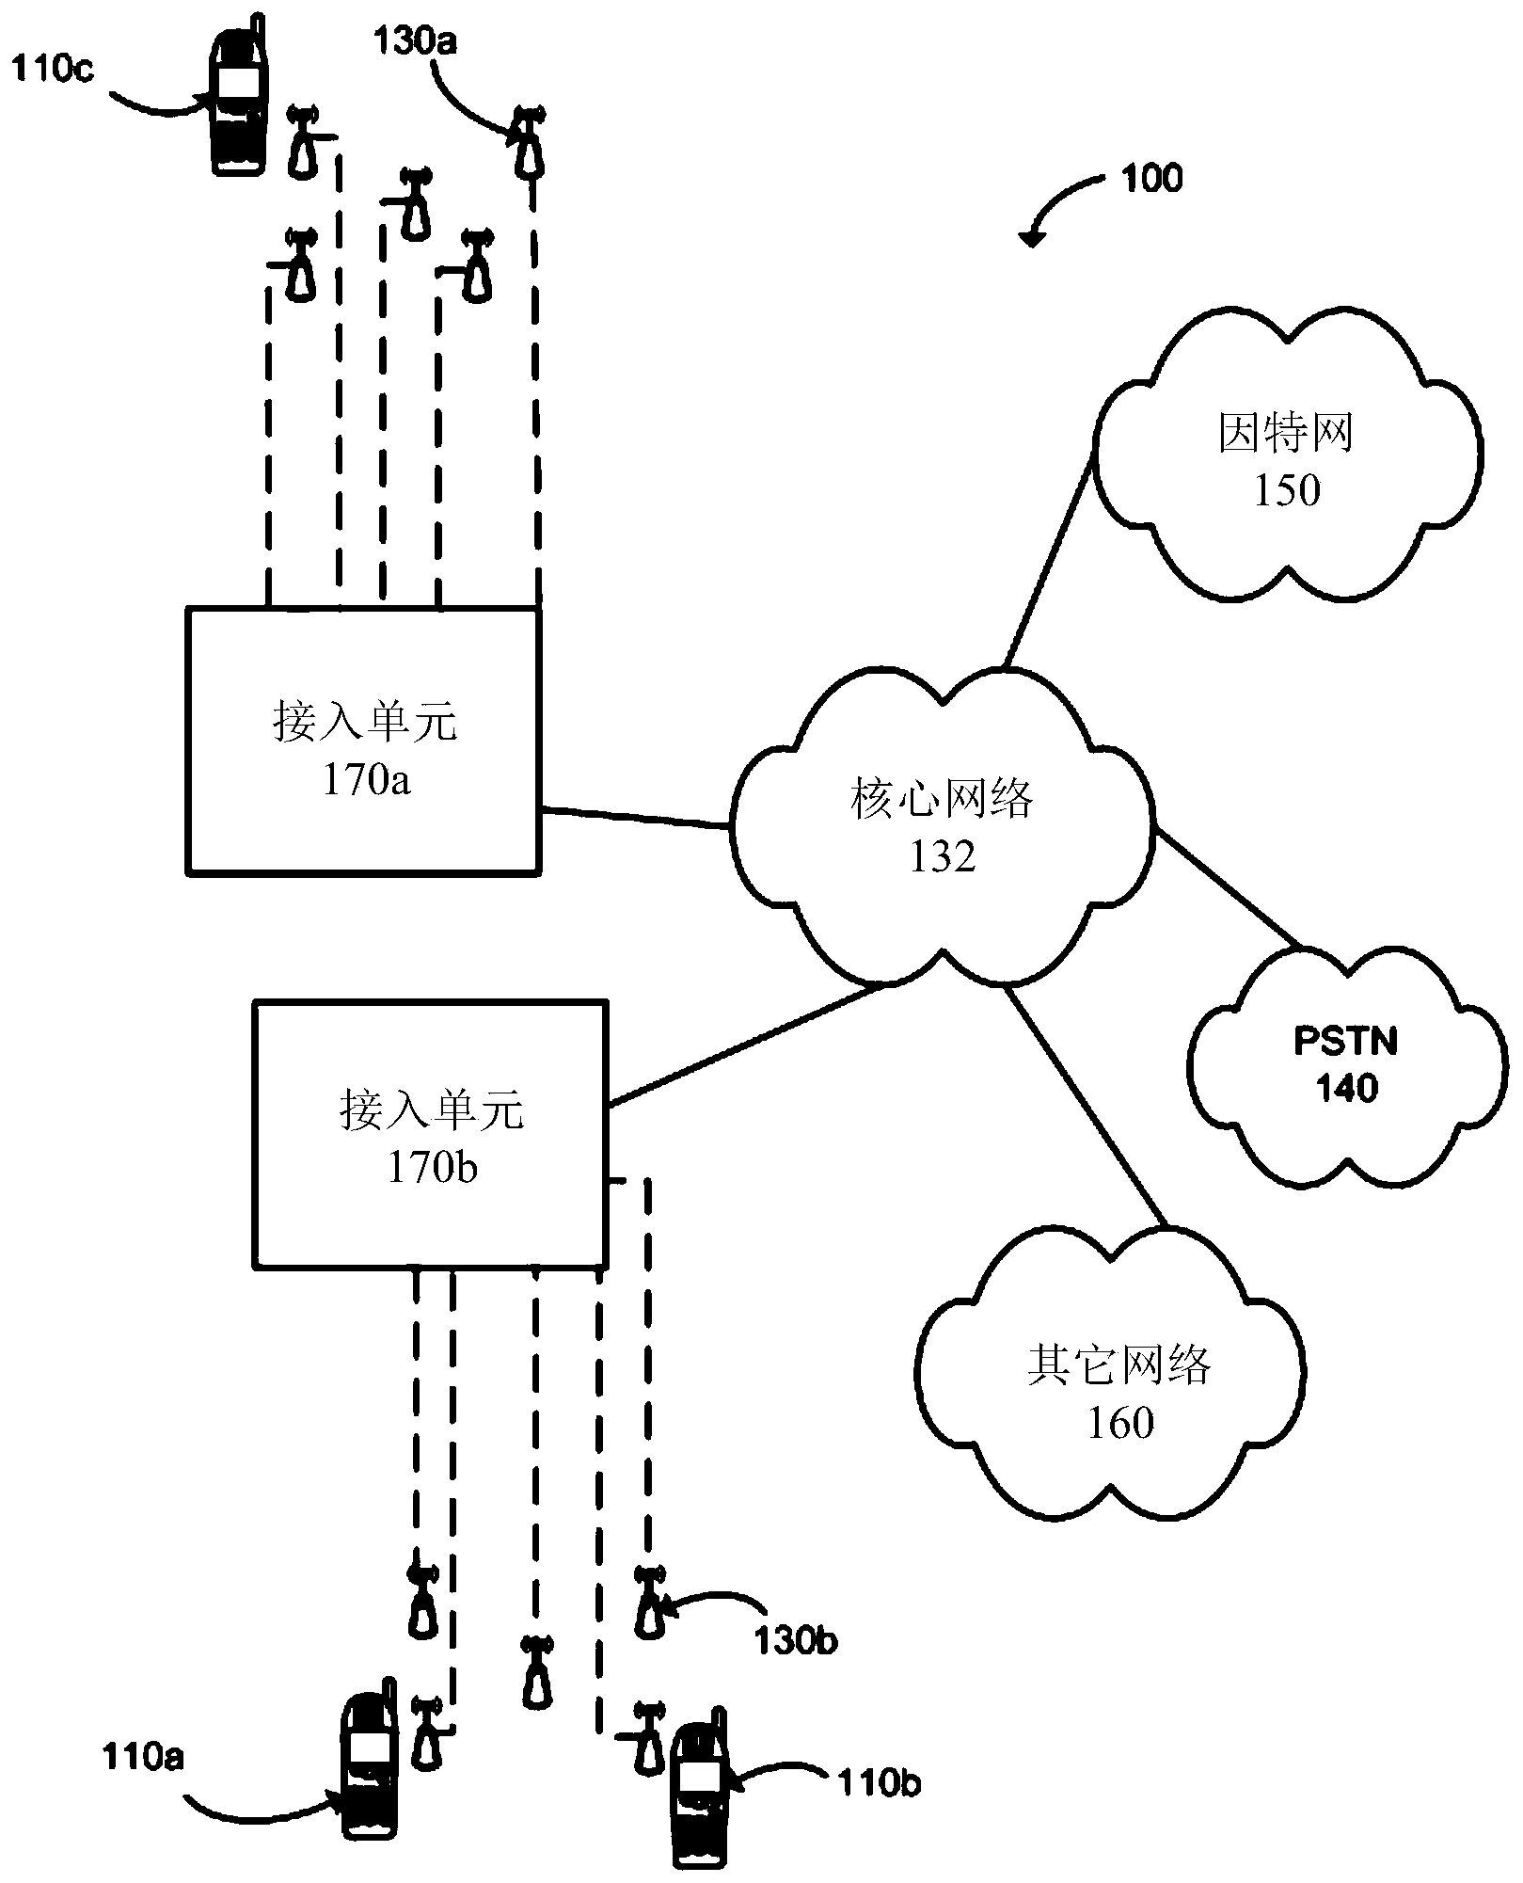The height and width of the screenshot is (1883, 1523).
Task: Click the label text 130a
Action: click(x=416, y=41)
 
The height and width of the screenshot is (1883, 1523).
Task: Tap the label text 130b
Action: click(x=796, y=1641)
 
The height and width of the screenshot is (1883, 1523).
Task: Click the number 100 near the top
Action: click(x=1152, y=178)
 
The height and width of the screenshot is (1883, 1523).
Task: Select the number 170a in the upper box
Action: click(x=367, y=781)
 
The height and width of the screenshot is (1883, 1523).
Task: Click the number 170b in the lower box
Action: click(x=433, y=1168)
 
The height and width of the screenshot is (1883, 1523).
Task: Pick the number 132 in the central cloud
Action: click(x=942, y=856)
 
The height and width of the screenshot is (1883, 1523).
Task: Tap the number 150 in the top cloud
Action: click(x=1286, y=490)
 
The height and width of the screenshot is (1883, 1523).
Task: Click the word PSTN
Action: click(x=1346, y=1042)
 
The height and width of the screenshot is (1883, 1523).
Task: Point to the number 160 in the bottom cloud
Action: click(x=1120, y=1423)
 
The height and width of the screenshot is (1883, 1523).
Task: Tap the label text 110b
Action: click(x=879, y=1783)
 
